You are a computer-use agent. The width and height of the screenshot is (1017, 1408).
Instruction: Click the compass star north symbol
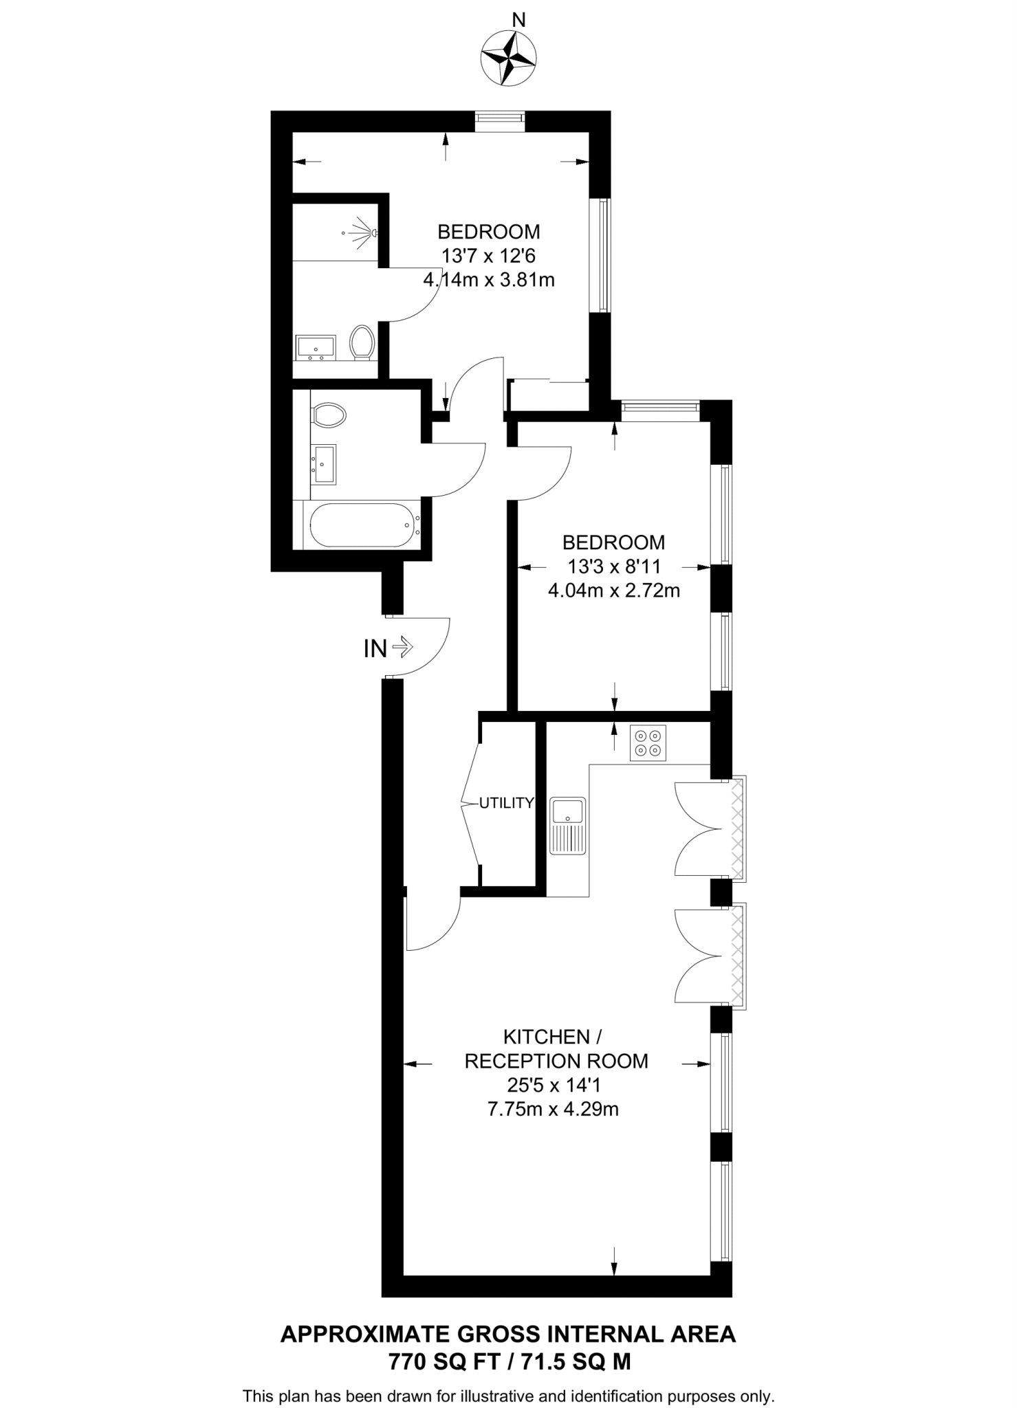[x=508, y=58]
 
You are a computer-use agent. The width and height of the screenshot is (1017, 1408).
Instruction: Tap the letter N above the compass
[x=519, y=21]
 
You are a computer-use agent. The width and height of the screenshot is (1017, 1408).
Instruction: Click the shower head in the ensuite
[x=362, y=232]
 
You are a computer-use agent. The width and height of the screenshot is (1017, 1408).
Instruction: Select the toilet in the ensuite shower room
[x=361, y=342]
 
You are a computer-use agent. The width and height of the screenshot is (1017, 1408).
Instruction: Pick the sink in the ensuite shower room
[x=315, y=347]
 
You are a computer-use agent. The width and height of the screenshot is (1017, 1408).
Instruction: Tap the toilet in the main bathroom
[x=328, y=415]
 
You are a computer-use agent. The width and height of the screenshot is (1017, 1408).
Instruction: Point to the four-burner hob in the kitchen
[x=648, y=743]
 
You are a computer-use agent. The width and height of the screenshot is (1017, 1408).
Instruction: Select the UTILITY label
[x=506, y=802]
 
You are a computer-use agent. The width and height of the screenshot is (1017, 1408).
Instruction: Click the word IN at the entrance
[x=375, y=648]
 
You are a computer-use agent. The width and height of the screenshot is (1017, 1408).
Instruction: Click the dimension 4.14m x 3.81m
[x=489, y=280]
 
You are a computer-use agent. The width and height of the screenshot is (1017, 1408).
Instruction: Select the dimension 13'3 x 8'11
[x=613, y=566]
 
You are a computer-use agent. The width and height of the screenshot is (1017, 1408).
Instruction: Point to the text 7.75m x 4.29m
[x=553, y=1109]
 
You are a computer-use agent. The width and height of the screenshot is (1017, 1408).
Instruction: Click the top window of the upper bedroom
[x=501, y=121]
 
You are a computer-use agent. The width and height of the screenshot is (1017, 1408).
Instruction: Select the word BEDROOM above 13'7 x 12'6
[x=489, y=231]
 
